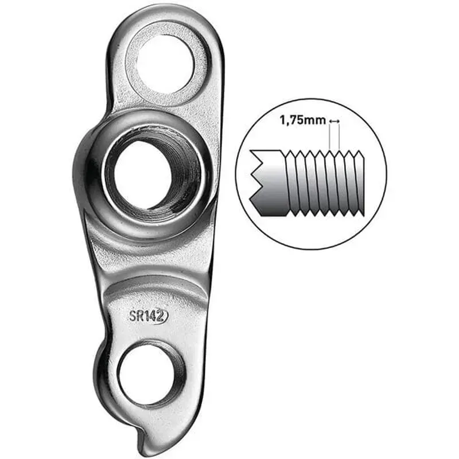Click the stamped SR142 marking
[148, 316]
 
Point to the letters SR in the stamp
[137, 316]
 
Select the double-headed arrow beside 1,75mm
[334, 121]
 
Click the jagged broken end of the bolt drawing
[256, 178]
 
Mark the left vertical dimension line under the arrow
[330, 138]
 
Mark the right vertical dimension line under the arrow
[339, 138]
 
